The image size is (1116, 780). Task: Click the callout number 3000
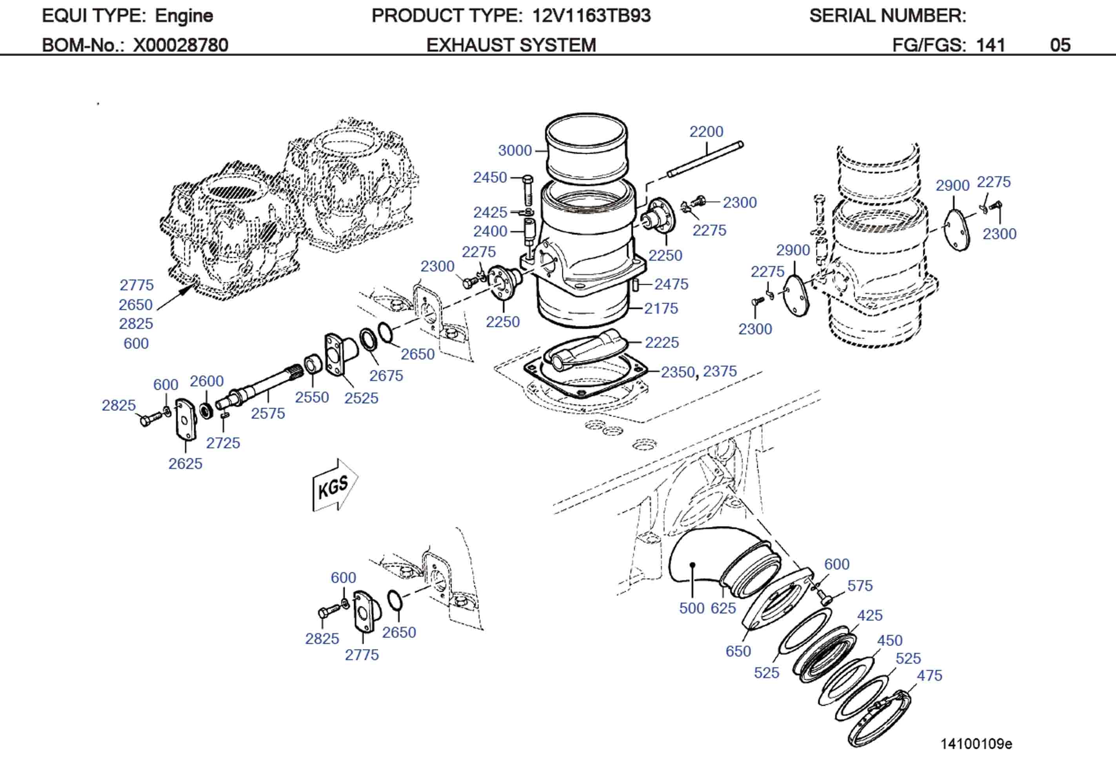coord(515,151)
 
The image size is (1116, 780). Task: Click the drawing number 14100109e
coord(976,744)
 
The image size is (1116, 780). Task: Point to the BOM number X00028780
coord(180,45)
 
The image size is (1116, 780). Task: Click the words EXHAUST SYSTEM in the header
coord(511,45)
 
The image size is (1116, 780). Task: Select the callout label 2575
coord(268,414)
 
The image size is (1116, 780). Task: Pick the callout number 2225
coord(662,343)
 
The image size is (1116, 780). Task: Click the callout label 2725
coord(223,443)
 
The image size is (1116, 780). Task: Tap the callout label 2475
coord(671,284)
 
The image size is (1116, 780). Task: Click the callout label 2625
coord(185,464)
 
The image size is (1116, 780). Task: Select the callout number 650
coord(738,651)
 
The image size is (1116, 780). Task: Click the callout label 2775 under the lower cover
coord(362,655)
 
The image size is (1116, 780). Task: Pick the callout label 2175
coord(661,308)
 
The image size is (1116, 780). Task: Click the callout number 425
coord(870,615)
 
